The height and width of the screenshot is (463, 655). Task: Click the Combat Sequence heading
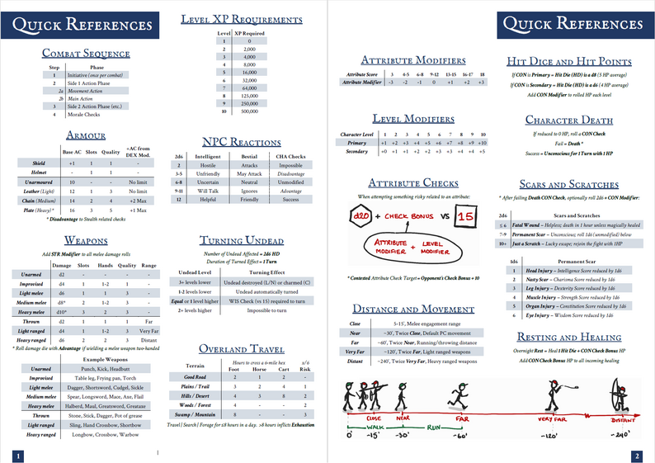click(x=86, y=54)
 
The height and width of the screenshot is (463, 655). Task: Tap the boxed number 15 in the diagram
click(x=464, y=217)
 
